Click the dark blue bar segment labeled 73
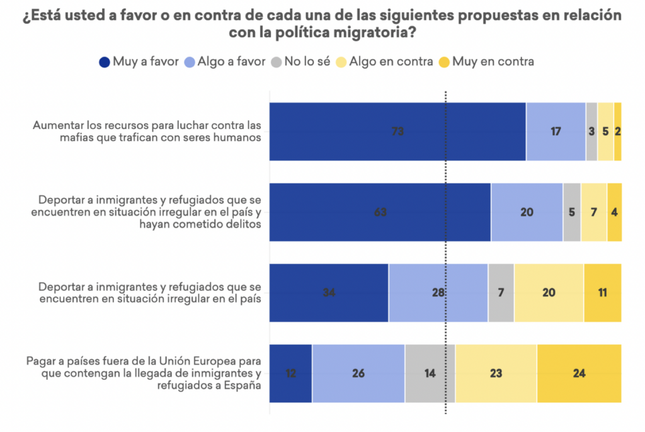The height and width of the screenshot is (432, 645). click(x=397, y=131)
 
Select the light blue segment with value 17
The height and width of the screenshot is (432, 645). click(x=556, y=131)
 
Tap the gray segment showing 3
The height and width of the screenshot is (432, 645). click(x=591, y=131)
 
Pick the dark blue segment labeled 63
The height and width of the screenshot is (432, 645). click(x=380, y=212)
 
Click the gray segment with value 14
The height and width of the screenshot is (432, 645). click(x=430, y=373)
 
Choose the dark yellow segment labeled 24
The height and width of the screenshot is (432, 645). click(x=579, y=373)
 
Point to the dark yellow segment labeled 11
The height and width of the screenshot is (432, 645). click(x=602, y=293)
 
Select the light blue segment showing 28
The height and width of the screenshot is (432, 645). click(x=438, y=293)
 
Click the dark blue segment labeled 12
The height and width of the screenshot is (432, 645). click(x=291, y=373)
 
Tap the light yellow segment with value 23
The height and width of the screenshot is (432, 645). click(x=496, y=373)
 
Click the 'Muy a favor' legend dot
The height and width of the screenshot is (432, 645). click(x=105, y=62)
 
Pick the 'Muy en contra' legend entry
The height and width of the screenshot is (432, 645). click(x=495, y=62)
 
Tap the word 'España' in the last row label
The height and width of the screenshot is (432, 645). click(x=242, y=385)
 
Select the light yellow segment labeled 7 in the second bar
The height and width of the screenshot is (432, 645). click(x=593, y=212)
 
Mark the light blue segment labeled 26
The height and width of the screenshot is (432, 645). click(x=358, y=373)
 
